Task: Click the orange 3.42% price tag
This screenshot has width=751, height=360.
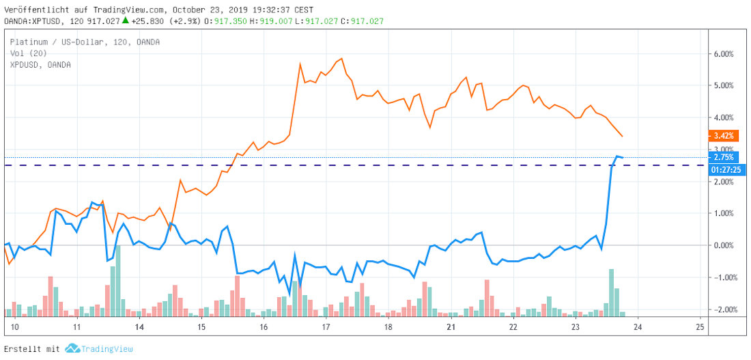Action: (x=723, y=136)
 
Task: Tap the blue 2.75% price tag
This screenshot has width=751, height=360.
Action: (x=723, y=157)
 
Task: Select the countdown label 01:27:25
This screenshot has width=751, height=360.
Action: (x=723, y=169)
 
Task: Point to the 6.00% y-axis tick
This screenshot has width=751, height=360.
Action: (x=723, y=54)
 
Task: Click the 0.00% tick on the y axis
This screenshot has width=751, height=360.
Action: (x=723, y=245)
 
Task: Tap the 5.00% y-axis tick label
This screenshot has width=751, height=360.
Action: (x=723, y=86)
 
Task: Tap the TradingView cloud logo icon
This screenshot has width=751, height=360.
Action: (x=72, y=348)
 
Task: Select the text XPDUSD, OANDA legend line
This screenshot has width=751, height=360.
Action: (x=40, y=64)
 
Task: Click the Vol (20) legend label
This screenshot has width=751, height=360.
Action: (x=28, y=53)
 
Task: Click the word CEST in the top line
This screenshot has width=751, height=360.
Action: (x=304, y=10)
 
